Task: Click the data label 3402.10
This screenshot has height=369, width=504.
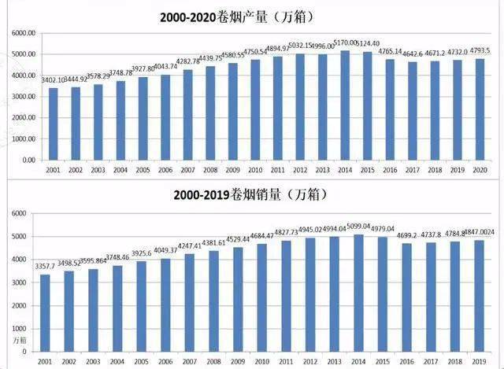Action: (53, 81)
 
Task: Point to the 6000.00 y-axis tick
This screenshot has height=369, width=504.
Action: (22, 34)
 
